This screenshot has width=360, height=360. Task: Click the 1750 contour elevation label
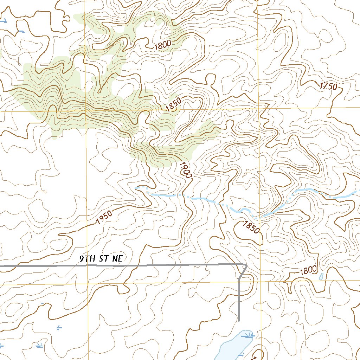[329, 86]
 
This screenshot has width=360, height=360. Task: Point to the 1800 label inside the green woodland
[162, 45]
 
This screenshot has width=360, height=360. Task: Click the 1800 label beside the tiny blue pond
[308, 271]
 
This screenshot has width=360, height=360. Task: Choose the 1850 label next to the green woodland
[173, 105]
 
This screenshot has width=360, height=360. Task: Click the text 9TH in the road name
[87, 259]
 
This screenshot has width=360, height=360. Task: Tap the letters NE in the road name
[117, 259]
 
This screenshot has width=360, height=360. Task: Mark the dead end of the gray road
[239, 321]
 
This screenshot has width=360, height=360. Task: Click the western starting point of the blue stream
[136, 188]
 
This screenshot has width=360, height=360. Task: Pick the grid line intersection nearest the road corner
[261, 282]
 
